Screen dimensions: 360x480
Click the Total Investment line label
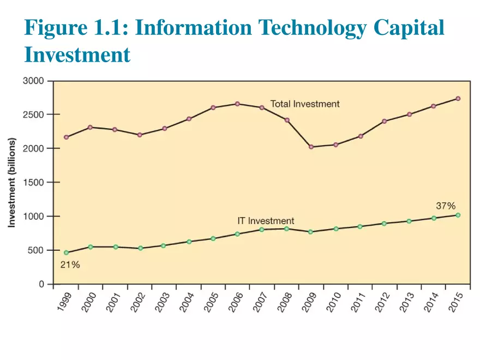point(305,104)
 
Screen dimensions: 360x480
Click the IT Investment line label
point(266,221)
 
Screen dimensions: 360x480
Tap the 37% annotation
point(446,206)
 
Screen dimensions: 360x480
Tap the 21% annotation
point(70,265)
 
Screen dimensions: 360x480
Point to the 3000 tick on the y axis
point(34,81)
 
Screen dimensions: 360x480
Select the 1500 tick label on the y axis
point(34,182)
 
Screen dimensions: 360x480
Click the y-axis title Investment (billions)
point(11,182)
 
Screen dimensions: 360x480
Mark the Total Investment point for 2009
point(311,147)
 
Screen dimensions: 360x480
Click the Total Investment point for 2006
point(237,104)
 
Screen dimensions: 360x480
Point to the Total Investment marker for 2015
point(458,99)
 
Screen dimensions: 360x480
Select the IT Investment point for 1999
point(67,253)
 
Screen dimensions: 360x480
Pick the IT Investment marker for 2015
point(458,215)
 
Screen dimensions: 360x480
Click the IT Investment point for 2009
point(311,232)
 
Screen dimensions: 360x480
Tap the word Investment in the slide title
point(77,55)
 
